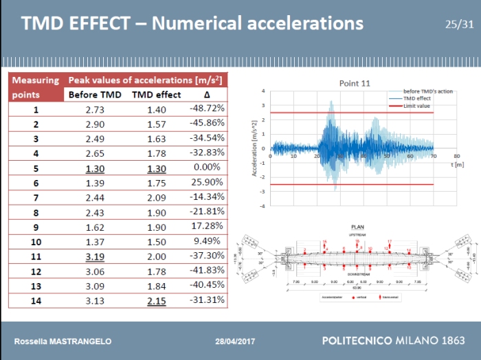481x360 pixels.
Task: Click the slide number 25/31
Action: (x=459, y=25)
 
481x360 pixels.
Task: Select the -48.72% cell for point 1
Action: (x=207, y=109)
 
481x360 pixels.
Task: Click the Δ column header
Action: (x=207, y=95)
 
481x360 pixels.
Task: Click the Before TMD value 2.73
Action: (x=98, y=109)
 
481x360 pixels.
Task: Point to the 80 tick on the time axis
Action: (x=457, y=157)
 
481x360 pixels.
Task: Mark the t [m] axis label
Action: (x=457, y=166)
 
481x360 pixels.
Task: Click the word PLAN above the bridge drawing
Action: (x=357, y=226)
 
